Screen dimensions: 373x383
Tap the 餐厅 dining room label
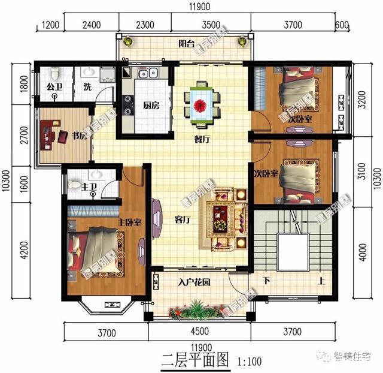pos(202,139)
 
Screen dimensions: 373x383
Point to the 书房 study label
pos(80,136)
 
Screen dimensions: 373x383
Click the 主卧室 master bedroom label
pos(129,222)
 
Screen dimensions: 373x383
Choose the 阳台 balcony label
pos(187,44)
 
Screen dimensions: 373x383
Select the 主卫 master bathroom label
pos(89,188)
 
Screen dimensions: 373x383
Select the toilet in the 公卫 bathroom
pos(55,73)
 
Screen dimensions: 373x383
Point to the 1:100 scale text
pos(250,361)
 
